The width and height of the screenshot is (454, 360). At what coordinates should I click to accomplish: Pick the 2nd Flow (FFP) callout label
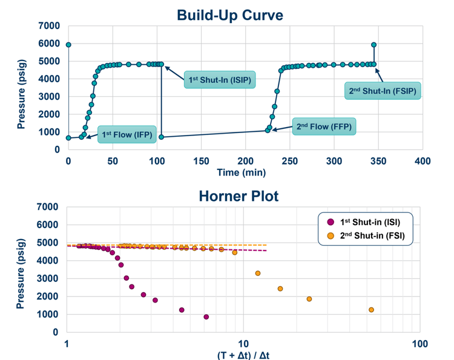324,127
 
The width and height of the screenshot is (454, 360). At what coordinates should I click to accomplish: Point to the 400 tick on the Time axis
423,161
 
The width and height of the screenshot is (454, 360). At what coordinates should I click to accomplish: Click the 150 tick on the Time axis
201,161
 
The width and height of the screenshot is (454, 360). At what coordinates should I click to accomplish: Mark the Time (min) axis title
245,172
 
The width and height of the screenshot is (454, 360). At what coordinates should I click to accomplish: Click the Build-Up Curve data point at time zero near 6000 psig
68,45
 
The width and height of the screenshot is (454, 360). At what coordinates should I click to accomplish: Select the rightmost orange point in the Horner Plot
371,310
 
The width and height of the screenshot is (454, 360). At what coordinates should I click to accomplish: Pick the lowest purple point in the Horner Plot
206,316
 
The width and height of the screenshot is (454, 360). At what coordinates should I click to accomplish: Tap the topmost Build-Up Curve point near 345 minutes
373,45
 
